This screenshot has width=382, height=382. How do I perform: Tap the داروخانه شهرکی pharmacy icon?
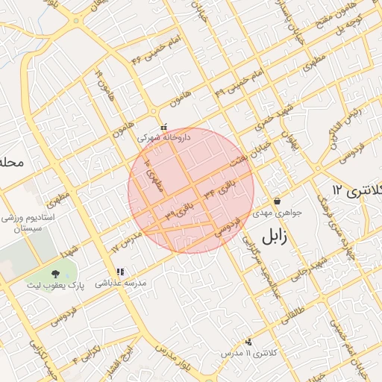click(x=154, y=126)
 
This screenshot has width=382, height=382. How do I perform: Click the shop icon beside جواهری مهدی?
click(x=278, y=201)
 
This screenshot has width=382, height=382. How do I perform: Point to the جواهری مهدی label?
click(x=278, y=213)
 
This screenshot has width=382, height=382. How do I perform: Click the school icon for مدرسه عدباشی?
click(x=119, y=272)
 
